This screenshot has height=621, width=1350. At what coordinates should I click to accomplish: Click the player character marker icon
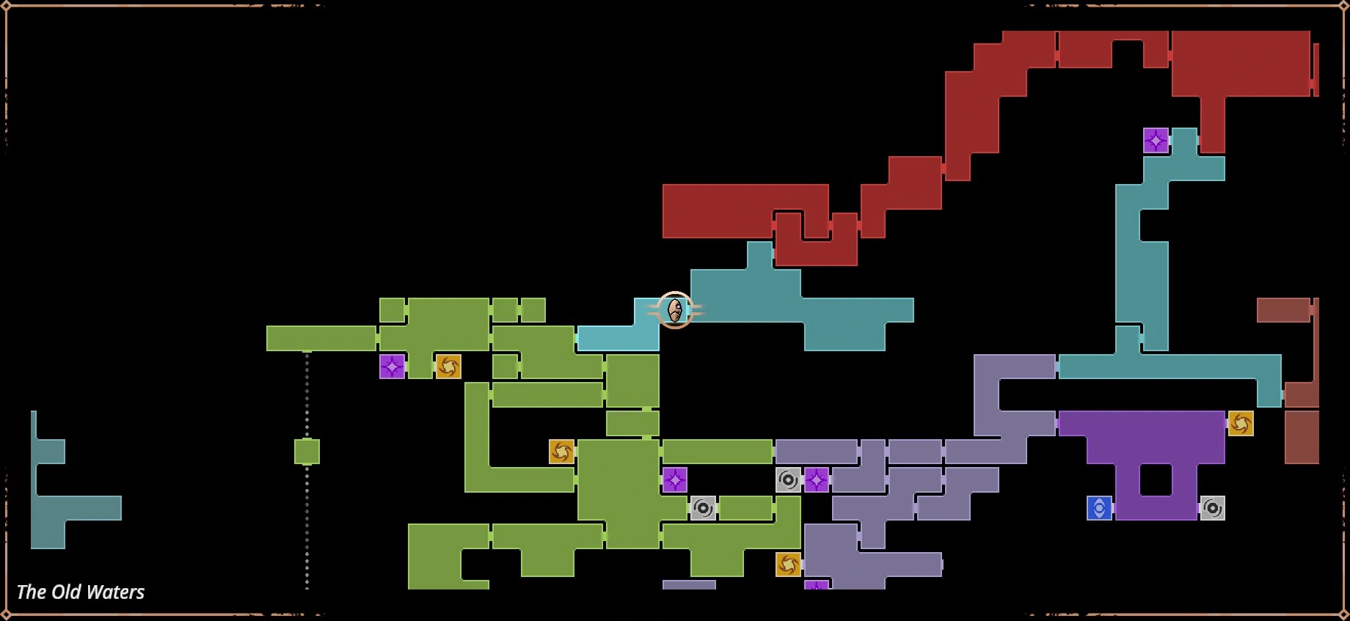(x=675, y=310)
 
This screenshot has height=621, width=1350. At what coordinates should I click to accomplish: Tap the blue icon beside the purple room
(x=1099, y=508)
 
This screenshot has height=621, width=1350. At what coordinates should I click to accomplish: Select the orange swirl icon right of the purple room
(x=1241, y=423)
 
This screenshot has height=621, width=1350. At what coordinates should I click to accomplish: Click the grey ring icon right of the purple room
(x=1212, y=508)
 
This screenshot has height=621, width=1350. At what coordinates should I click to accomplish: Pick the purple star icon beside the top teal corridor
(x=1156, y=140)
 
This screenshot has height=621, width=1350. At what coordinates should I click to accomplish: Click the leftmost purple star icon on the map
(x=392, y=367)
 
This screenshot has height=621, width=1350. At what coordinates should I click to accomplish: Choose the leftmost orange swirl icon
(x=448, y=367)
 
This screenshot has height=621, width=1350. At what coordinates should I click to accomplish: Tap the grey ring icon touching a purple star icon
(x=788, y=480)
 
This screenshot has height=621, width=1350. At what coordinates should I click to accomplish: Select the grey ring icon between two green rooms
(x=703, y=508)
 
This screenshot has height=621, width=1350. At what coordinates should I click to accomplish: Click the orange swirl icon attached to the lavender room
(x=788, y=565)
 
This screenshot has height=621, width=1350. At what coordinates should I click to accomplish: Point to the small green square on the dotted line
(x=307, y=452)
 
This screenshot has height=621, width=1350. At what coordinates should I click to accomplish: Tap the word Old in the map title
(x=65, y=592)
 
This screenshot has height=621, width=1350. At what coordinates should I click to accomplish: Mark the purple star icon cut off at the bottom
(x=817, y=585)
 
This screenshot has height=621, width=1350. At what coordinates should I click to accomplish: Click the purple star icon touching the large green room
(x=675, y=480)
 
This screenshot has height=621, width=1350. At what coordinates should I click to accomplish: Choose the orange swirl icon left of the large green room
(x=561, y=452)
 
